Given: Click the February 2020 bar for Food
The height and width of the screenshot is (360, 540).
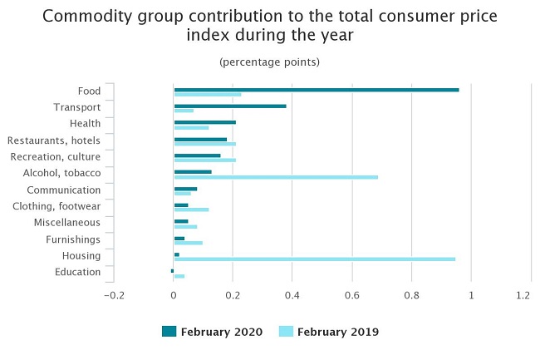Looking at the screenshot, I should pos(316,89).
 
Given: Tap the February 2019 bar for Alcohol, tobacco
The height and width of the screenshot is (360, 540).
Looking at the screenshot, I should pos(276,176).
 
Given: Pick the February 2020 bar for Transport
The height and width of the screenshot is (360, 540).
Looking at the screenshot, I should pos(230,106).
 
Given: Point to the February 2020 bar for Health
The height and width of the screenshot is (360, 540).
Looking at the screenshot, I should pos(204,122).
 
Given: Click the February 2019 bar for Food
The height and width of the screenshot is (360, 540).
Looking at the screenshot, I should pos(208,94).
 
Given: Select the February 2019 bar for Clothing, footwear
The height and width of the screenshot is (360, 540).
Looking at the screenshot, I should pos(191,210).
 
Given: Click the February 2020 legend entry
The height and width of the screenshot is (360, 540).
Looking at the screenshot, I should pos(212,332).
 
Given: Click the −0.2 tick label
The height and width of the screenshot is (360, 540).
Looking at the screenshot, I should pos(113,295).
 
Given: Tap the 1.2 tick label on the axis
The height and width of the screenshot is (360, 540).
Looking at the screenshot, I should pos(523,295).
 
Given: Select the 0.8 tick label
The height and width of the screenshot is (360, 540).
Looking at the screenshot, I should pos(411,295).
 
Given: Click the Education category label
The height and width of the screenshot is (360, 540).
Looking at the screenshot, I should pos(77,273).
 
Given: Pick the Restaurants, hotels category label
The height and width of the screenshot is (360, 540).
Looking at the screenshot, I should pos(54,141).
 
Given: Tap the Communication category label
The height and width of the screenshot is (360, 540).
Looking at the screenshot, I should pos(64,190).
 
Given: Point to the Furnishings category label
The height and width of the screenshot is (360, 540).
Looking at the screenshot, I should pos(73,239).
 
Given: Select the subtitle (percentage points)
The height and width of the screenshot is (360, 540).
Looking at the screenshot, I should pos(269,62).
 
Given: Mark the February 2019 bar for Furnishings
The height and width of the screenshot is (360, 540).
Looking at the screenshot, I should pos(189,243).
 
